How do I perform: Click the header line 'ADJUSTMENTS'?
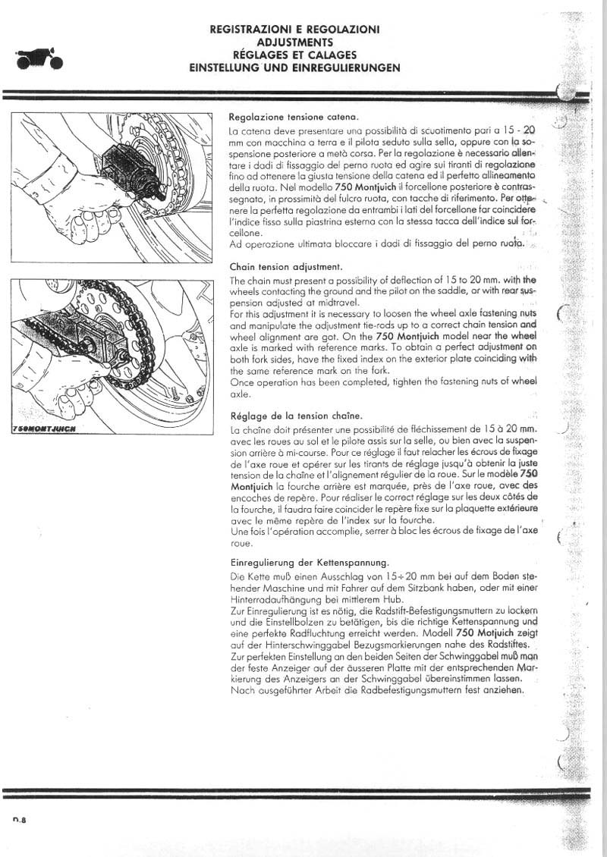pyautogui.click(x=295, y=42)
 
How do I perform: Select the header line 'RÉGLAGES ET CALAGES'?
pyautogui.click(x=295, y=55)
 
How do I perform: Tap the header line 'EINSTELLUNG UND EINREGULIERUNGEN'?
pyautogui.click(x=295, y=67)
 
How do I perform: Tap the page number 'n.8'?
pyautogui.click(x=20, y=818)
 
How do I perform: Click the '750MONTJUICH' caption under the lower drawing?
pyautogui.click(x=50, y=427)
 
